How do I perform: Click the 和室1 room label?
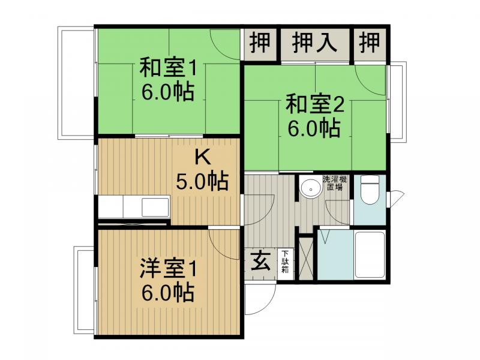pos(167,68)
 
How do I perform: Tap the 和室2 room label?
pos(315,104)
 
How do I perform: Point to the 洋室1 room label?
pos(167,269)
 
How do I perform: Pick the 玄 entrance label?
pos(260,261)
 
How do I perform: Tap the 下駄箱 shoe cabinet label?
pos(286,262)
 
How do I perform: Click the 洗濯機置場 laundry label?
pos(334,183)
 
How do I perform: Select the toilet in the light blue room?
pos(370,190)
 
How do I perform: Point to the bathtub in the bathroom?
pos(369,254)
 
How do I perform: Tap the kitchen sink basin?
pos(155,207)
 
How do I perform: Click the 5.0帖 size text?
pos(202,181)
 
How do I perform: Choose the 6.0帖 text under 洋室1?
pos(167,293)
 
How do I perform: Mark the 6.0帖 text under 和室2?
pos(314,128)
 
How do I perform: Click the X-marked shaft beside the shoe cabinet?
pos(306,259)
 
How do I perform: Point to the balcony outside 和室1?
pos(76,83)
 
